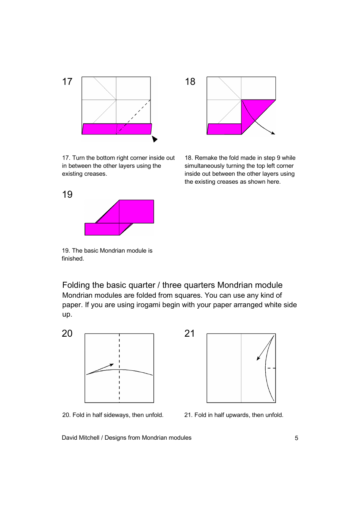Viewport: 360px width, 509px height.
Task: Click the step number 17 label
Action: (x=67, y=82)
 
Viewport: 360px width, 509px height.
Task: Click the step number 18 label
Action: (x=190, y=82)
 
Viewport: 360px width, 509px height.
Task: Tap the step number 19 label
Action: (x=67, y=195)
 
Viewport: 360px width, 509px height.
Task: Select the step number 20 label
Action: (x=67, y=334)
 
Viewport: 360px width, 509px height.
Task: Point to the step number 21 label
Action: (x=189, y=334)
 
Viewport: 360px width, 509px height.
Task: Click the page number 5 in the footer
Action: (x=296, y=438)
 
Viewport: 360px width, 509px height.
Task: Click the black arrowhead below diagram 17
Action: (x=155, y=139)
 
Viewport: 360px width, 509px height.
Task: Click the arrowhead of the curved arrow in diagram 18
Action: (x=273, y=133)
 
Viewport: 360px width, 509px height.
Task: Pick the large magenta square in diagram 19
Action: (x=136, y=211)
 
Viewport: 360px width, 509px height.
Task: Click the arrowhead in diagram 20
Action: (x=111, y=365)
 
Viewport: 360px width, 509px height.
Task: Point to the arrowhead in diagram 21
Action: (x=258, y=358)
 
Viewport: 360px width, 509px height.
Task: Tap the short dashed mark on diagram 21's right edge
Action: (x=271, y=368)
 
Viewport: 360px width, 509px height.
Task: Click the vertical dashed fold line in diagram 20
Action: (x=119, y=386)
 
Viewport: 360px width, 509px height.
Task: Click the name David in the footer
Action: (x=70, y=438)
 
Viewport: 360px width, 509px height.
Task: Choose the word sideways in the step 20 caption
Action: (x=111, y=415)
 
